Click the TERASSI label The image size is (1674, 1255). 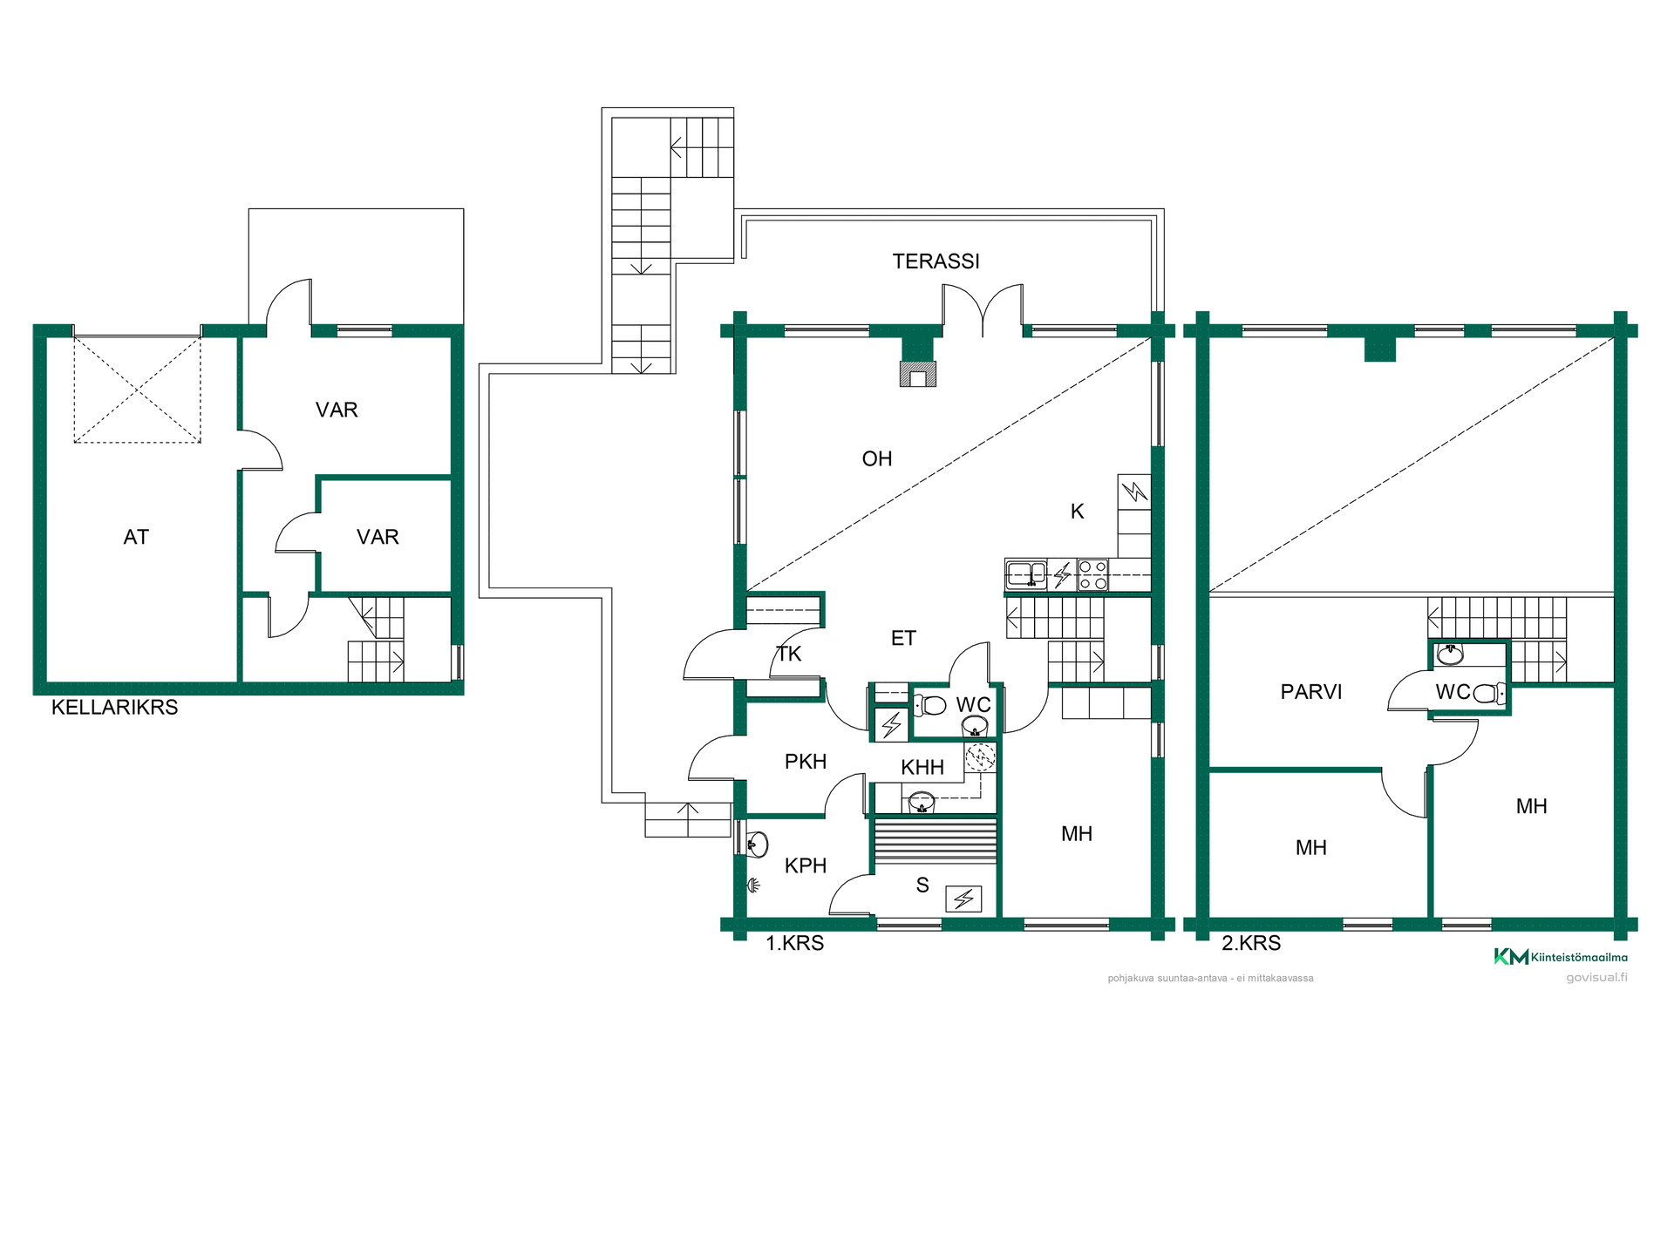tap(936, 261)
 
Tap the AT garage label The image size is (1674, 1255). tap(136, 537)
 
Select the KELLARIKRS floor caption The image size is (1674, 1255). tap(114, 707)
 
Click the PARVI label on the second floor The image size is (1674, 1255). tap(1310, 692)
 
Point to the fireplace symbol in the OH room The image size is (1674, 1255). tap(918, 374)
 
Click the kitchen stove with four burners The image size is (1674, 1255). tap(1092, 575)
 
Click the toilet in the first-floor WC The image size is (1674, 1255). tap(929, 704)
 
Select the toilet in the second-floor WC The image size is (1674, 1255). tap(1488, 694)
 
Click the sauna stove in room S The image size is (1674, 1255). tap(963, 899)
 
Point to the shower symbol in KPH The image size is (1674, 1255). tap(753, 886)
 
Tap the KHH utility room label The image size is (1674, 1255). tap(922, 767)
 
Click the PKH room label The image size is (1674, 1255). tap(806, 762)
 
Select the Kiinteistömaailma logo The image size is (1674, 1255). tap(1561, 957)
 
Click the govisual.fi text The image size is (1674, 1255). tap(1596, 977)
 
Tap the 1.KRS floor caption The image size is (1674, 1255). tap(794, 943)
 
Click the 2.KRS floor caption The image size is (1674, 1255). tap(1251, 943)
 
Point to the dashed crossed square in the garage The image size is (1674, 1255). tap(137, 390)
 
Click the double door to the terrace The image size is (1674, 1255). tap(983, 310)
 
